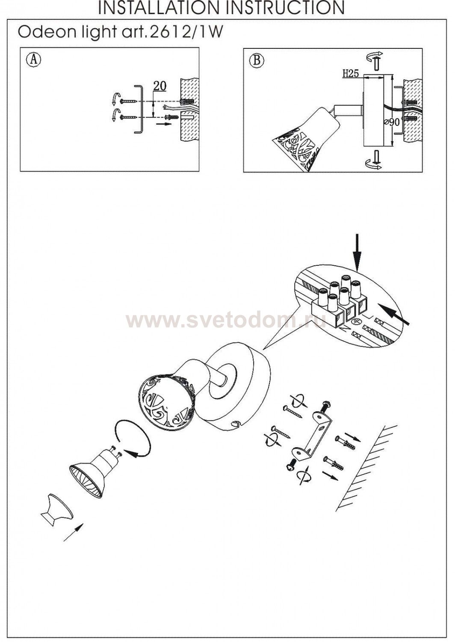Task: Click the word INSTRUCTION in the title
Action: pyautogui.click(x=287, y=8)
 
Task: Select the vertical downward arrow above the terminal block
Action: pyautogui.click(x=357, y=252)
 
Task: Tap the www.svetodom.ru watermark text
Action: pyautogui.click(x=226, y=321)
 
